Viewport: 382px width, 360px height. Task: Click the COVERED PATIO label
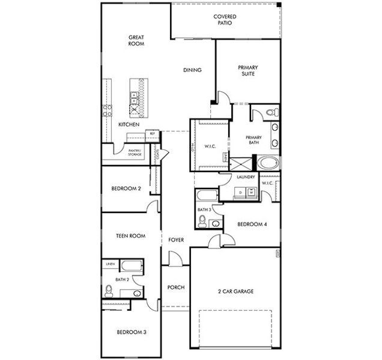click(x=225, y=20)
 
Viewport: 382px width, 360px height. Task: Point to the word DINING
click(x=192, y=70)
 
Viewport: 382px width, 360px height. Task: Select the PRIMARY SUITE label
click(x=247, y=71)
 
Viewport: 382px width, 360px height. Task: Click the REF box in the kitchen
click(x=153, y=133)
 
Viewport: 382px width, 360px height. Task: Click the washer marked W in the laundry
click(x=251, y=192)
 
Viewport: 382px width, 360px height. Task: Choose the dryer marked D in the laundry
click(x=241, y=192)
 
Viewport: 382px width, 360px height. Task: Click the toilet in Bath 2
click(x=109, y=290)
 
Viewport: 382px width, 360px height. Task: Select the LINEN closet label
click(x=110, y=264)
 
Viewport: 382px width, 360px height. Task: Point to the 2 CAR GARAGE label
click(x=235, y=292)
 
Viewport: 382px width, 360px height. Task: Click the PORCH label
click(x=176, y=287)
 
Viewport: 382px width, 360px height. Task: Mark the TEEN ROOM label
click(x=130, y=236)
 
